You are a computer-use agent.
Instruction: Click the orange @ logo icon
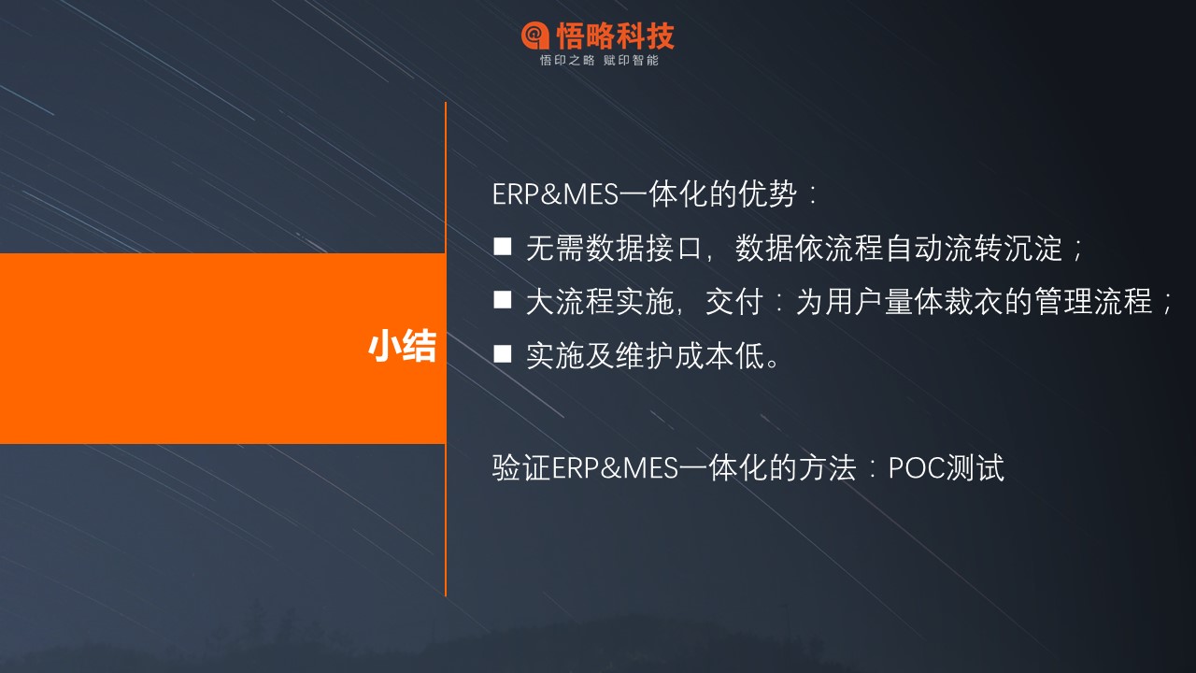click(535, 36)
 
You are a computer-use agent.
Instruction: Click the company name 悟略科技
click(616, 36)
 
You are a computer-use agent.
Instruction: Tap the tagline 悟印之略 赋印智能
click(599, 61)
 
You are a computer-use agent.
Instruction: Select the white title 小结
click(402, 346)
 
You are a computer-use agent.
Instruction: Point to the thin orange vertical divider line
click(446, 349)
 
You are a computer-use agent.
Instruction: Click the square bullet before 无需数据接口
click(503, 247)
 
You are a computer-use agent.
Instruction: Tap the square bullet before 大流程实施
click(503, 300)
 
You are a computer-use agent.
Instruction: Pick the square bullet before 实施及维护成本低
click(503, 353)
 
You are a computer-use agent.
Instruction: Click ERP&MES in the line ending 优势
click(555, 193)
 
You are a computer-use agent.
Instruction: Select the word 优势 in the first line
click(768, 193)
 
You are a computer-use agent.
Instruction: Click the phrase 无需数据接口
click(614, 249)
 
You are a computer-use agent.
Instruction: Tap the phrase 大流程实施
click(599, 302)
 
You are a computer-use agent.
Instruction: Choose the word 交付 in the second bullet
click(734, 302)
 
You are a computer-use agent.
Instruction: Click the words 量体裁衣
click(944, 302)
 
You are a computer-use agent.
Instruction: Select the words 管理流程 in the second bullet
click(1093, 302)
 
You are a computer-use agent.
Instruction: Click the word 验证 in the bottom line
click(520, 468)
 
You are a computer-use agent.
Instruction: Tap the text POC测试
click(947, 468)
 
